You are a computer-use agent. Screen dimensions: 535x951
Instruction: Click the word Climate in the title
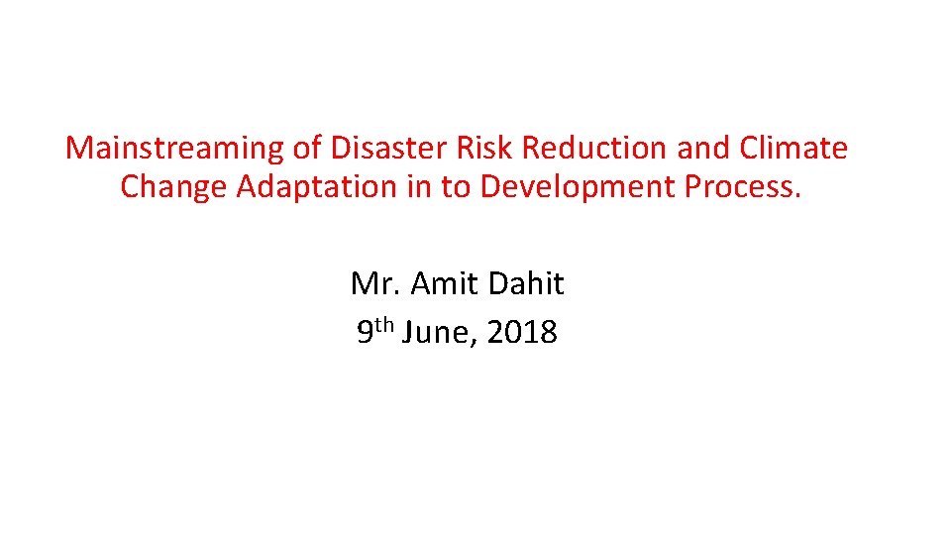pos(793,149)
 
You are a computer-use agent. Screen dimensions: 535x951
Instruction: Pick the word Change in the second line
pos(173,187)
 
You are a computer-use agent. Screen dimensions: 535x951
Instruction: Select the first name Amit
pos(442,284)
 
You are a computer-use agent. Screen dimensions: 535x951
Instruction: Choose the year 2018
pos(522,333)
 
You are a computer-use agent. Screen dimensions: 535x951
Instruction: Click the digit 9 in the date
pos(365,333)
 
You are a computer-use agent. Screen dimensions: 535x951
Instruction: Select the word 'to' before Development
pos(456,187)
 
